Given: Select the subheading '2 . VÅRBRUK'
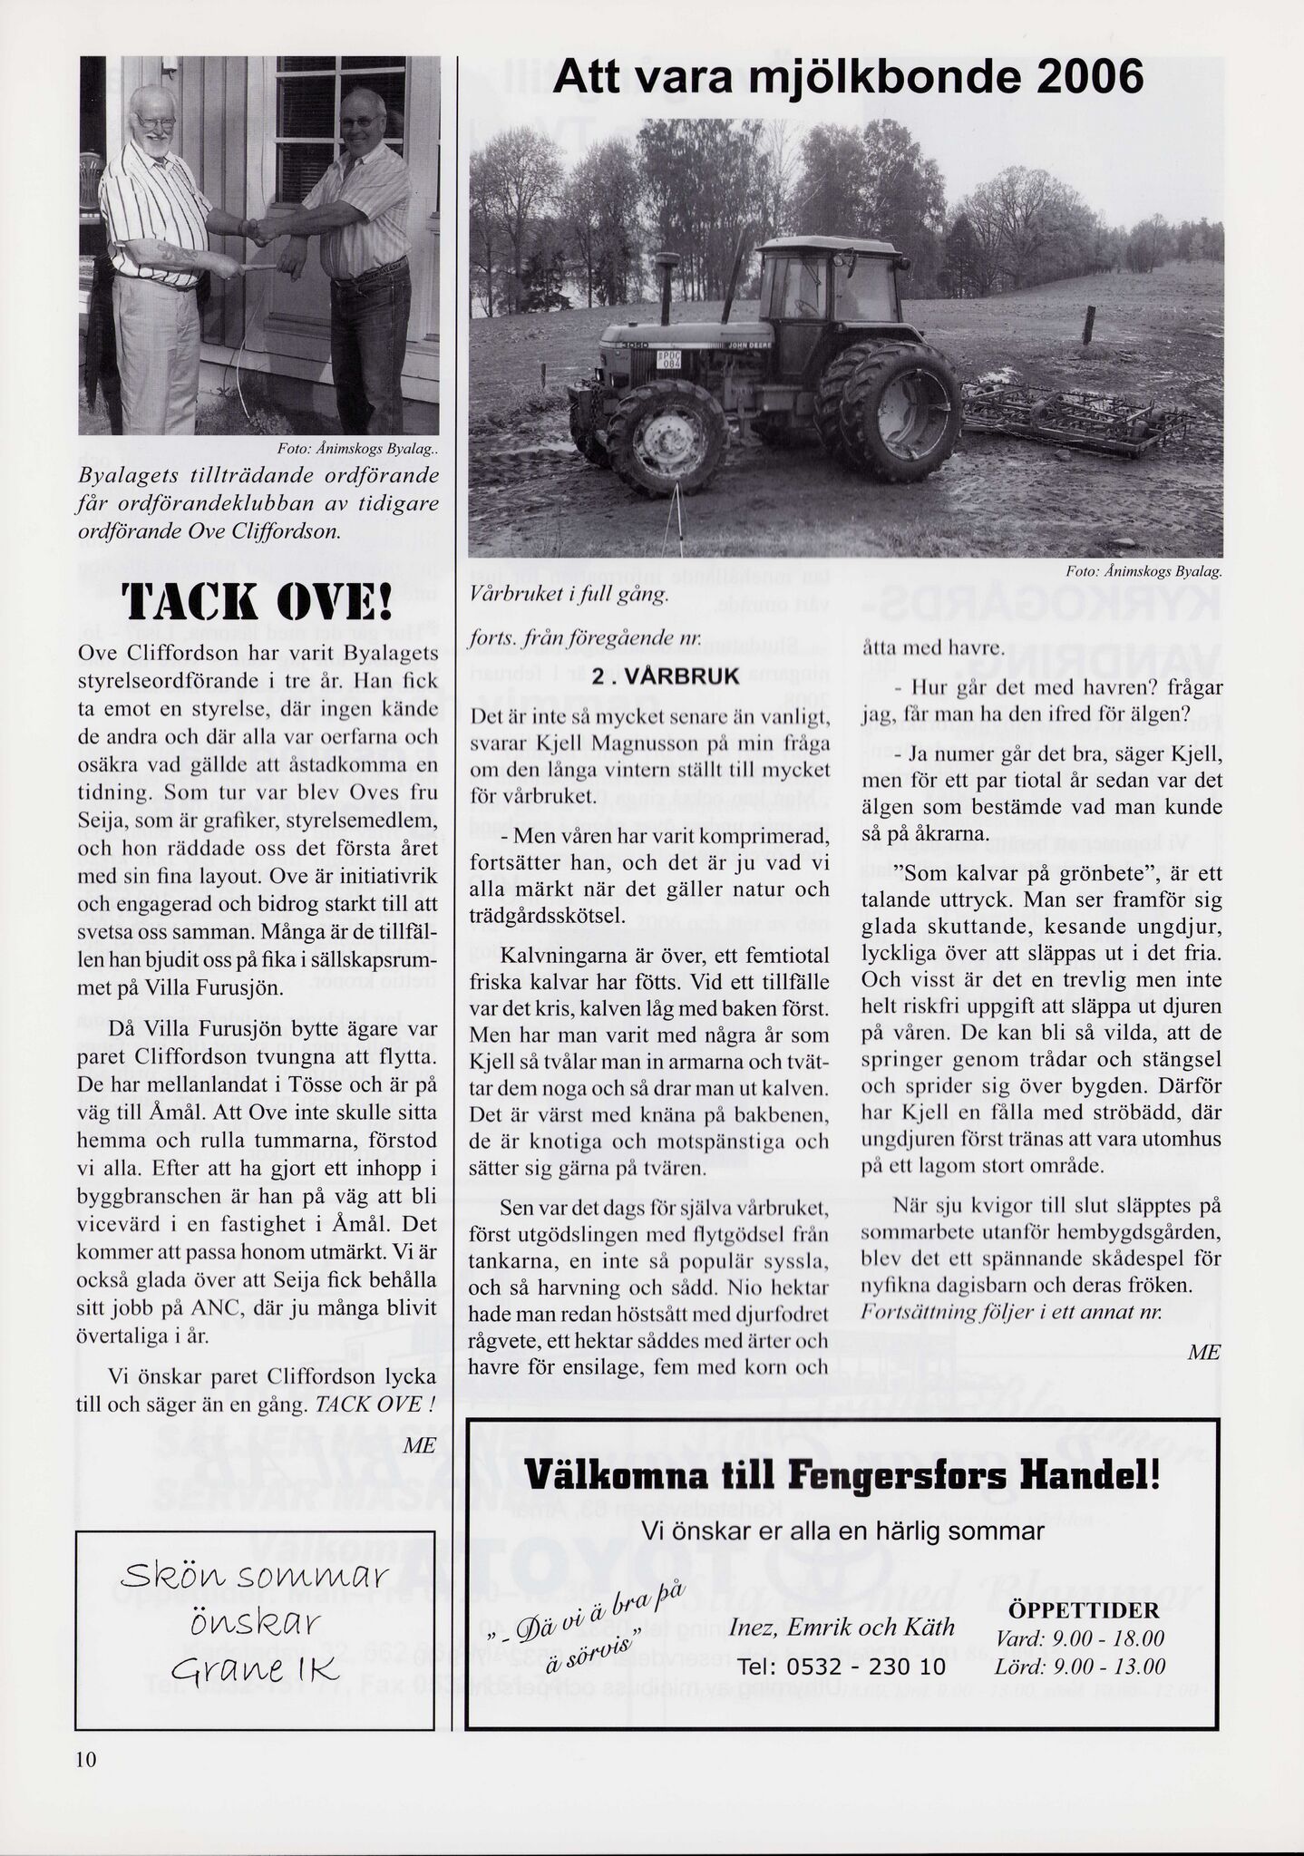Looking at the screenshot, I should pos(666,676).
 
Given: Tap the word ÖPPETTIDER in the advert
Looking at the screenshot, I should pos(1082,1610).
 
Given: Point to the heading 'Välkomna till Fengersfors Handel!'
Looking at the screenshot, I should pos(842,1476).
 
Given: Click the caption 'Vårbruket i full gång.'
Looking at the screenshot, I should pos(569,596).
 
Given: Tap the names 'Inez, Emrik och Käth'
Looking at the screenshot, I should pos(842,1627).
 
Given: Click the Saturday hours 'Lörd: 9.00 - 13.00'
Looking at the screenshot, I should pos(1079,1667).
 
